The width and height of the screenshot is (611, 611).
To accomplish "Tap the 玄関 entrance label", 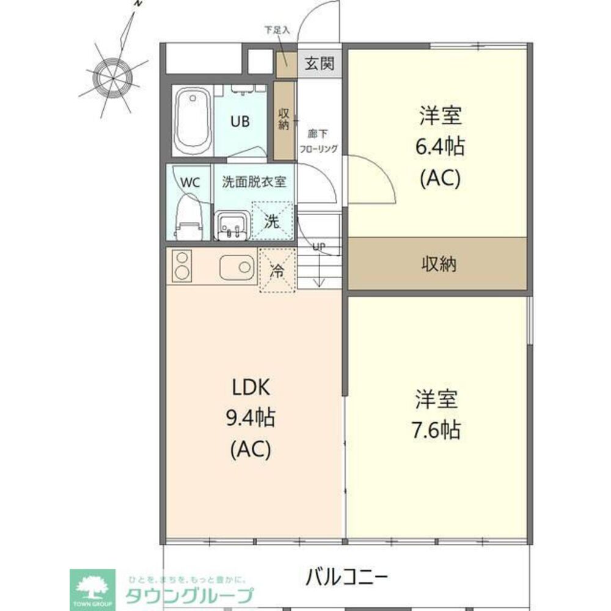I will [x=320, y=63].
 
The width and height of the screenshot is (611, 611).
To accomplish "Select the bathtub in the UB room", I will [x=192, y=121].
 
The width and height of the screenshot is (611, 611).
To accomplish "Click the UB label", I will [x=240, y=121].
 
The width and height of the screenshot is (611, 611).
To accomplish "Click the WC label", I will [x=189, y=182].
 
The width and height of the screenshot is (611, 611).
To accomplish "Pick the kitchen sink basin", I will [x=238, y=267].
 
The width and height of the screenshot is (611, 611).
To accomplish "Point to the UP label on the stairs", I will [x=318, y=247].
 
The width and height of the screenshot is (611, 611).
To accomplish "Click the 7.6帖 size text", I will [x=436, y=430].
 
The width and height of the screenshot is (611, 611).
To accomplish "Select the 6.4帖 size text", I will [x=439, y=146].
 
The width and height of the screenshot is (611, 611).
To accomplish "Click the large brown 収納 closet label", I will [x=438, y=264].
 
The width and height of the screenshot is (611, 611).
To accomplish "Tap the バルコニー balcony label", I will [x=346, y=575].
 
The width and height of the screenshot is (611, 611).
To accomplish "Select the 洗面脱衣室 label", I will [x=254, y=181].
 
